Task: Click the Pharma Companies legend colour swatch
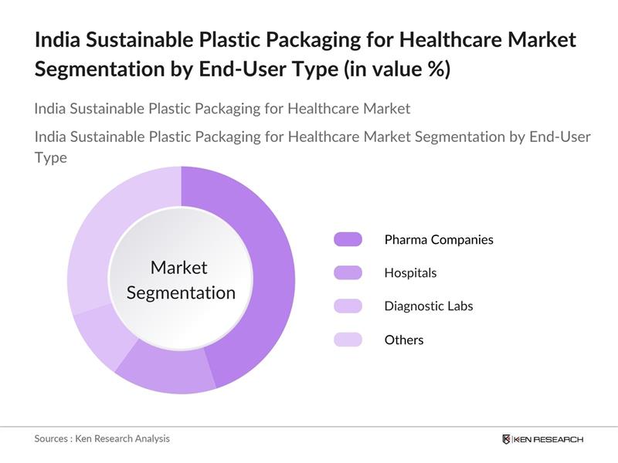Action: (348, 239)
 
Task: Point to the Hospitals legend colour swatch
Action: (348, 272)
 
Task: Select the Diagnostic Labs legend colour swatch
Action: (348, 306)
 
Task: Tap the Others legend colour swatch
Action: (348, 340)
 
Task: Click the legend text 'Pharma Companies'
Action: (438, 239)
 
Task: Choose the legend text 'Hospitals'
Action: (410, 272)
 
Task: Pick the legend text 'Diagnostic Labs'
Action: (428, 306)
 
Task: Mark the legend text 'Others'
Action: (404, 340)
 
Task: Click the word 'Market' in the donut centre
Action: (179, 267)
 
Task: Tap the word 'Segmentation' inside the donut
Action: (181, 293)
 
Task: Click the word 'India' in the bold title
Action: (56, 40)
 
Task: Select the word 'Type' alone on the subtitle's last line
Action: (50, 157)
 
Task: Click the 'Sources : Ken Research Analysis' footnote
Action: (102, 438)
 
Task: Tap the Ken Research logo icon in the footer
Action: (507, 439)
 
